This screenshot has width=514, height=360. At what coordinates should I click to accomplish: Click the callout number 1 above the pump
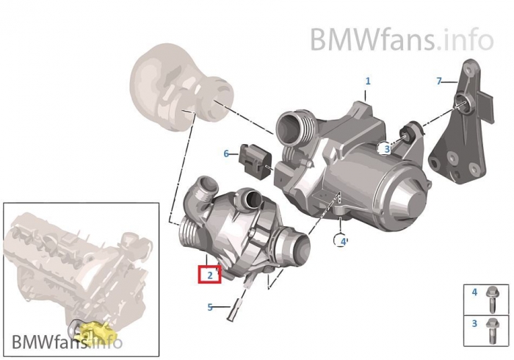[368, 81]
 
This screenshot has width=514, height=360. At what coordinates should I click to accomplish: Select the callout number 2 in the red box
[210, 275]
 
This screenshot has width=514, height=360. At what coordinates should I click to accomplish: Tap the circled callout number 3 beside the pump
[387, 149]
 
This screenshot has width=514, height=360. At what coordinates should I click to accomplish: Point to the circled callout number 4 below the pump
[344, 242]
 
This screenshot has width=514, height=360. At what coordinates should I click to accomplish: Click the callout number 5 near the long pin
[210, 307]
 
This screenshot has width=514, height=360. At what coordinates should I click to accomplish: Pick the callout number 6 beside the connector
[226, 154]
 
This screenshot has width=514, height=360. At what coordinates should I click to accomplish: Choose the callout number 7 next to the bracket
[439, 81]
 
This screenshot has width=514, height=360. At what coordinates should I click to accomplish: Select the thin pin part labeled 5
[239, 300]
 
